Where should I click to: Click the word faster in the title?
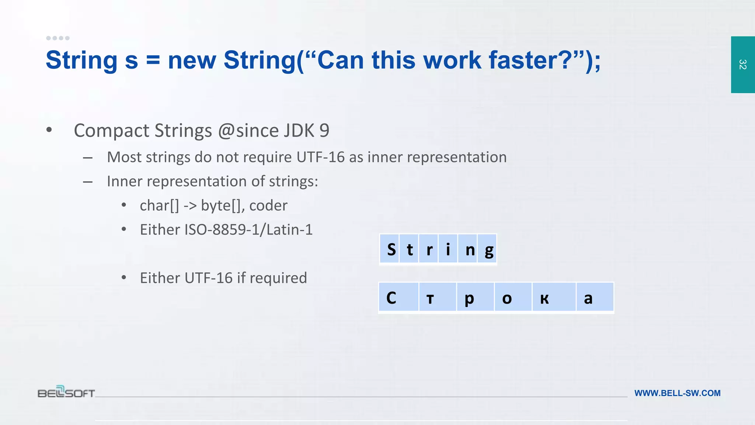tap(530, 60)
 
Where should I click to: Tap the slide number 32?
tap(742, 65)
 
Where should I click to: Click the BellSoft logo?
tap(66, 392)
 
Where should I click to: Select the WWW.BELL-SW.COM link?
tap(677, 393)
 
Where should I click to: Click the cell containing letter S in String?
tap(390, 249)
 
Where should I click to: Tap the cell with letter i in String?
tap(448, 249)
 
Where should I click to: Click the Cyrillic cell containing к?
tap(554, 297)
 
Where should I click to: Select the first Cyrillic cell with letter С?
tap(399, 297)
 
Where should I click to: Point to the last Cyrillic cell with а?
tap(595, 297)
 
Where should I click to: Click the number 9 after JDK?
tap(324, 131)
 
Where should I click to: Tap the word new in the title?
tap(192, 60)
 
